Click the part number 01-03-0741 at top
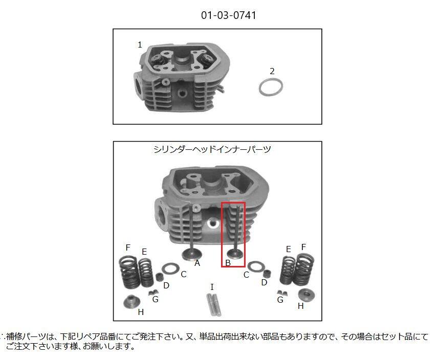(x=229, y=15)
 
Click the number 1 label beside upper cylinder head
(x=140, y=45)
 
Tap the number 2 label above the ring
(x=272, y=71)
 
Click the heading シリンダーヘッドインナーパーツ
(x=212, y=150)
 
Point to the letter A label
(x=197, y=263)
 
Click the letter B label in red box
(x=228, y=263)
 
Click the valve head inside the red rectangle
(x=233, y=253)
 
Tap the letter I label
(x=212, y=287)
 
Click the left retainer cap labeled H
(x=131, y=301)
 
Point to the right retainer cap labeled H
(x=306, y=295)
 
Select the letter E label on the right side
(x=289, y=249)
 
